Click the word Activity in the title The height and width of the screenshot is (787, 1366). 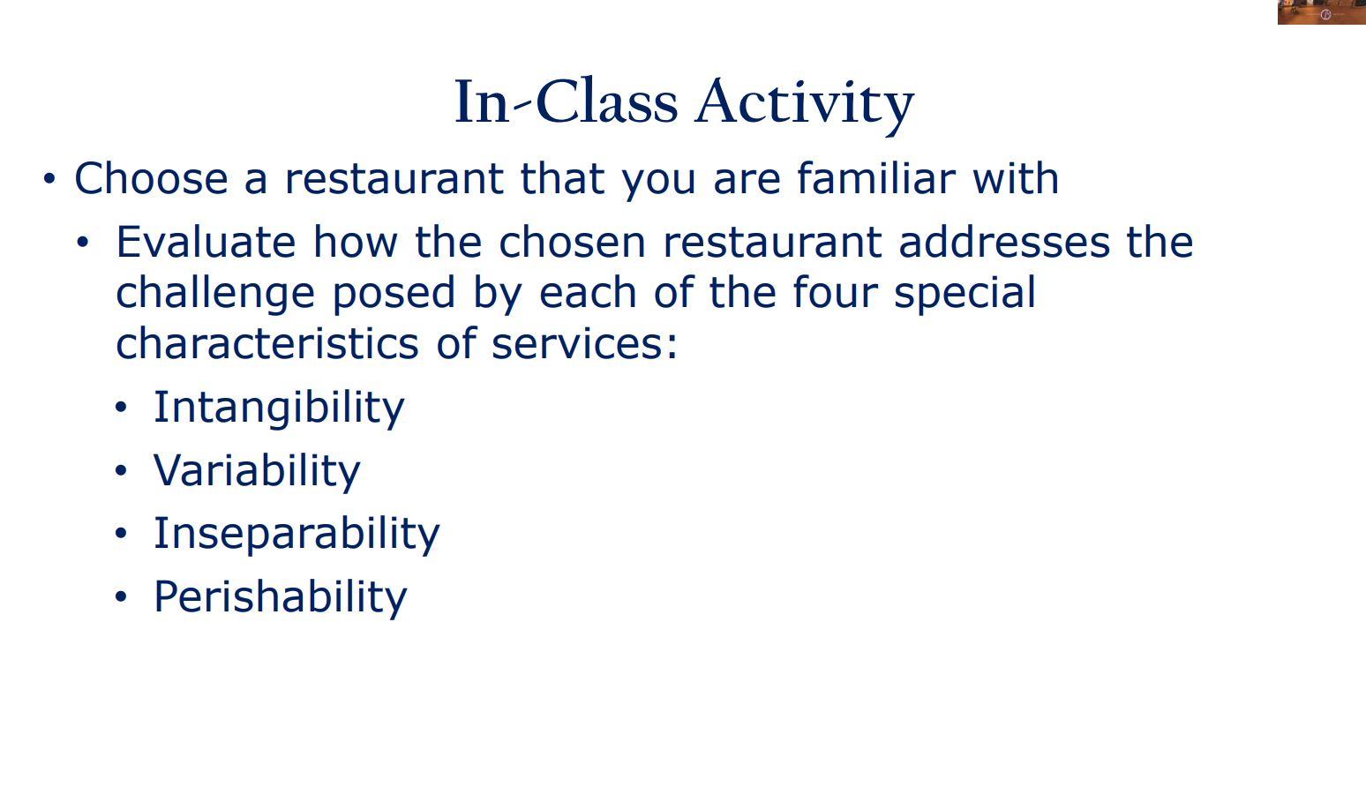(804, 102)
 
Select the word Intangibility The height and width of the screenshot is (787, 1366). (279, 408)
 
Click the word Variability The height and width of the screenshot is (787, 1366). (257, 470)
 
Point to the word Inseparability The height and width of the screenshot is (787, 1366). (296, 534)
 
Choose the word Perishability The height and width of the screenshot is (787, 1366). (281, 597)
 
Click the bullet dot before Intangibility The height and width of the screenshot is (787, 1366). (122, 408)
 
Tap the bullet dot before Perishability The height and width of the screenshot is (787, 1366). (122, 597)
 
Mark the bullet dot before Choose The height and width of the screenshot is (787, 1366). (49, 179)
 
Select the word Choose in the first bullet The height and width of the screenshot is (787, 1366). (151, 179)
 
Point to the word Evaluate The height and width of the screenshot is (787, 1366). (205, 243)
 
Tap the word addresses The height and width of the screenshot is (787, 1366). (1003, 243)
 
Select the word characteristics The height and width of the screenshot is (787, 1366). (267, 343)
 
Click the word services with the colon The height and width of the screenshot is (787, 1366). (584, 343)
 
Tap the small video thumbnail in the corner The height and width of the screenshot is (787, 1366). (1321, 12)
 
